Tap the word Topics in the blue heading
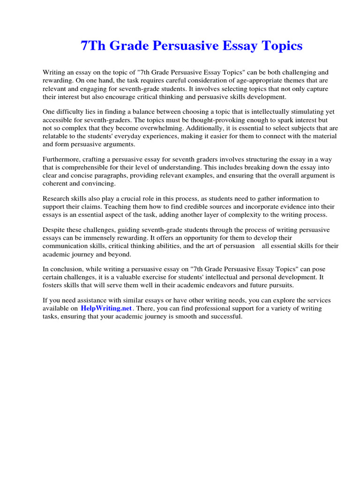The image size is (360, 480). tap(279, 46)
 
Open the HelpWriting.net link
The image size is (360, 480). tap(107, 308)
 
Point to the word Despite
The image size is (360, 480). tap(53, 230)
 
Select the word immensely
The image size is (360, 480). tap(98, 238)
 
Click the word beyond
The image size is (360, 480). tap(122, 254)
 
